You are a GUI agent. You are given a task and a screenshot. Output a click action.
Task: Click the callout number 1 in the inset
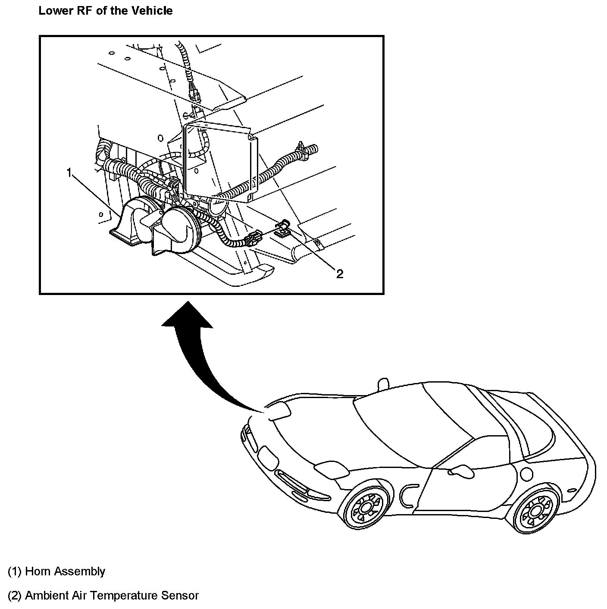point(69,173)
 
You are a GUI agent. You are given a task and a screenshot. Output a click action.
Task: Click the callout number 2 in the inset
point(340,274)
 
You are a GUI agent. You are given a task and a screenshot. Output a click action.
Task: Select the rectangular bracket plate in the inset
point(220,160)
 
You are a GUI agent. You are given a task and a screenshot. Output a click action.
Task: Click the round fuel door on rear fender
point(527,474)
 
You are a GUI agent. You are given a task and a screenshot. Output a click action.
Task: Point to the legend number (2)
point(14,596)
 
